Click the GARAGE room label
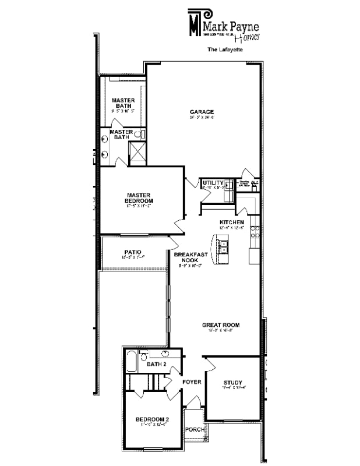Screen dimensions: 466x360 click(202, 112)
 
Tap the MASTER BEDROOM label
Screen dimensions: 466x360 click(139, 198)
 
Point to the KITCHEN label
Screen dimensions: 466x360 click(231, 223)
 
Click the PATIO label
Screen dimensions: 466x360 click(132, 252)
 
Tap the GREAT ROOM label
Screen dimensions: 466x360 click(221, 325)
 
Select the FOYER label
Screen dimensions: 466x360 click(192, 382)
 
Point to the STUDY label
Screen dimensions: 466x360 click(232, 366)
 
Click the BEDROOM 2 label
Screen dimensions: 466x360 click(152, 419)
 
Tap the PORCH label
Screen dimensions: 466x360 click(195, 429)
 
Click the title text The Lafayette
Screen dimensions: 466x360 click(225, 50)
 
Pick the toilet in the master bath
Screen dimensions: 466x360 click(139, 135)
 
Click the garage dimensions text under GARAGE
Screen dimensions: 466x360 click(202, 118)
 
